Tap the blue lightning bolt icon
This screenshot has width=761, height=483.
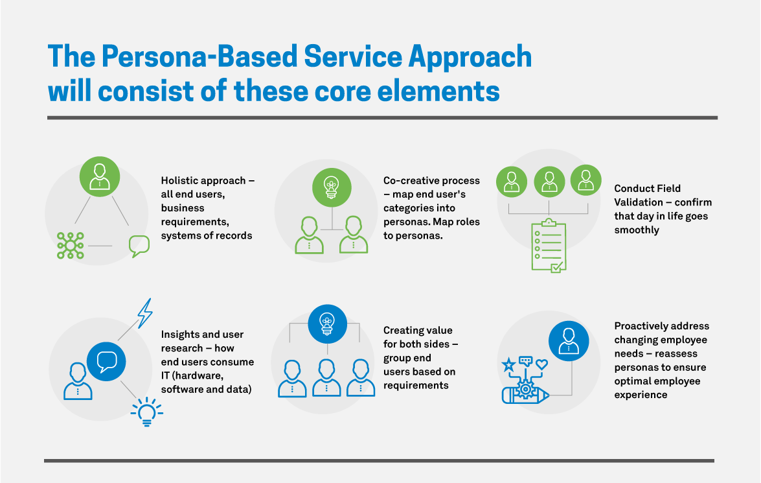[145, 312]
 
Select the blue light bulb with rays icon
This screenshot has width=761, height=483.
[146, 410]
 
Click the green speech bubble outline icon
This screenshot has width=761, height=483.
[139, 246]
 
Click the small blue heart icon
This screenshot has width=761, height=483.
[541, 364]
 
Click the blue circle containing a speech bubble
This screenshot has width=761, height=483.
[106, 361]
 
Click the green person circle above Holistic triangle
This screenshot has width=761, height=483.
[100, 176]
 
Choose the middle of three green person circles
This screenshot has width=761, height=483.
[549, 181]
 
